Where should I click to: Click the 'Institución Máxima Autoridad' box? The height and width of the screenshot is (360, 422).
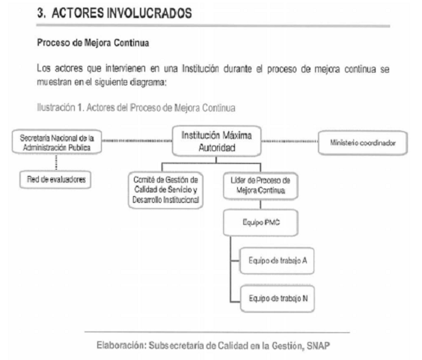click(x=217, y=141)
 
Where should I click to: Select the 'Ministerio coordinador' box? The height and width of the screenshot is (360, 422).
click(x=363, y=143)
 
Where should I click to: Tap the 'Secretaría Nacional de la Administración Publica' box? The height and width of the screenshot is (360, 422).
click(x=57, y=142)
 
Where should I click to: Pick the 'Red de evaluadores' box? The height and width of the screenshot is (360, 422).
click(x=55, y=180)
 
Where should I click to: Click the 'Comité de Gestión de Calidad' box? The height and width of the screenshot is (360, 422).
click(x=166, y=190)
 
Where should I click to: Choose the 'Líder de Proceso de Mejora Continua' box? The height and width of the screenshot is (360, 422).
click(x=260, y=186)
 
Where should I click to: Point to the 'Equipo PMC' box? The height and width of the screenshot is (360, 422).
click(x=261, y=223)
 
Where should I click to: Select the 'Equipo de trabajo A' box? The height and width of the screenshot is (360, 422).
click(x=277, y=260)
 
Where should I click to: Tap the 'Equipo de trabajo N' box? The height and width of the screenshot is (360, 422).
click(x=278, y=299)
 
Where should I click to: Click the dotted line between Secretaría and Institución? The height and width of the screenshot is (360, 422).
click(x=137, y=141)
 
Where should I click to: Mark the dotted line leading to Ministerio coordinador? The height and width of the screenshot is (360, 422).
click(x=290, y=141)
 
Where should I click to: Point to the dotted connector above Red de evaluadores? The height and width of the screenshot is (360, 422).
click(x=56, y=162)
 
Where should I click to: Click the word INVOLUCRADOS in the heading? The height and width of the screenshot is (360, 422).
click(x=150, y=13)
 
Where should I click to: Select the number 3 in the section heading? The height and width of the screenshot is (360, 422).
click(x=40, y=13)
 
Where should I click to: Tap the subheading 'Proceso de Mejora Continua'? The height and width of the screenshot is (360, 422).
click(x=93, y=43)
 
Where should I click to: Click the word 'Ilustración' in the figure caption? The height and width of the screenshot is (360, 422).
click(x=56, y=108)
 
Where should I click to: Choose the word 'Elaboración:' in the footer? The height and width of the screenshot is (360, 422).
click(x=121, y=346)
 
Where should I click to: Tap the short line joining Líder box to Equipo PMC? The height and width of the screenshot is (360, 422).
click(x=260, y=204)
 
